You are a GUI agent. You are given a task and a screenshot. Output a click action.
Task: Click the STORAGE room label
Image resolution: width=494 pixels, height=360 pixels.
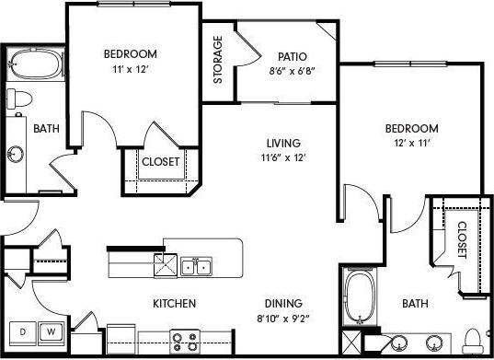click(218, 61)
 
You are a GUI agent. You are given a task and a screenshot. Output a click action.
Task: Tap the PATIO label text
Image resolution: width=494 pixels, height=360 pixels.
click(292, 54)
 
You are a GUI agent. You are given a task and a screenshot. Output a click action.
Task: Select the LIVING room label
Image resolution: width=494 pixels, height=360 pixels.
click(284, 143)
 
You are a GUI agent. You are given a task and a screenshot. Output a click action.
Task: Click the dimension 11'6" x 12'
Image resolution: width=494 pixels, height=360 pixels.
click(283, 157)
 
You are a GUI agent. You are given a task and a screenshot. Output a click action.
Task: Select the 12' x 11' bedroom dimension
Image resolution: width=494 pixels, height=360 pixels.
click(412, 142)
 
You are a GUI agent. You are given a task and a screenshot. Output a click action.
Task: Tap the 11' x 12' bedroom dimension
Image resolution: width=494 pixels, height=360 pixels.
click(131, 67)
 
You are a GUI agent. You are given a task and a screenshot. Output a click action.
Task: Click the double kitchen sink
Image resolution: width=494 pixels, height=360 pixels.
click(195, 267)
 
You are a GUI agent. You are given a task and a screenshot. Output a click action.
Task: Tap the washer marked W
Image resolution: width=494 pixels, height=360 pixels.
click(52, 331)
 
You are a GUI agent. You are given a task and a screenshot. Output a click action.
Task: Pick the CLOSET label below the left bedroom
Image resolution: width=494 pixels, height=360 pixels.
click(161, 162)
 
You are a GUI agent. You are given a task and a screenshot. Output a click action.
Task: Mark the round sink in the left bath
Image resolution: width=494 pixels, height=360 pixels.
click(16, 153)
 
